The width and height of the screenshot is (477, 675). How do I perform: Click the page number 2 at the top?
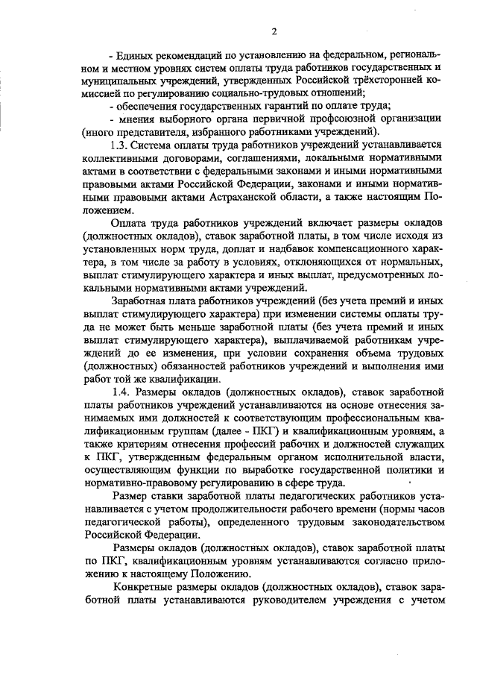[x=274, y=31]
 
